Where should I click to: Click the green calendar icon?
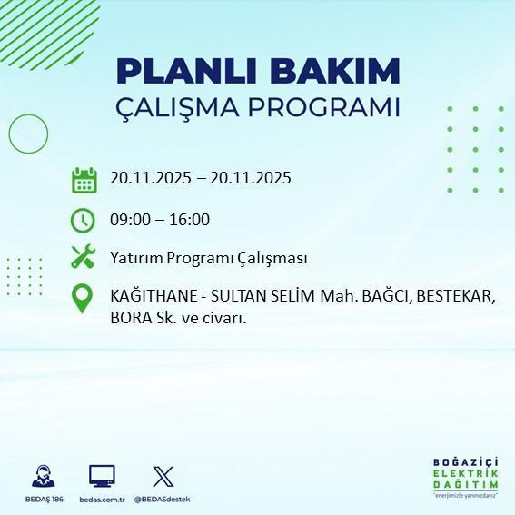(x=84, y=180)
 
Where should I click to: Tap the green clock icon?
(x=83, y=220)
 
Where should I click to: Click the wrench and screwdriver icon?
(x=84, y=257)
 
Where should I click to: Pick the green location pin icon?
(x=83, y=299)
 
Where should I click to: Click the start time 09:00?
(x=129, y=220)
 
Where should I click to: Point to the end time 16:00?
(x=191, y=220)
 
